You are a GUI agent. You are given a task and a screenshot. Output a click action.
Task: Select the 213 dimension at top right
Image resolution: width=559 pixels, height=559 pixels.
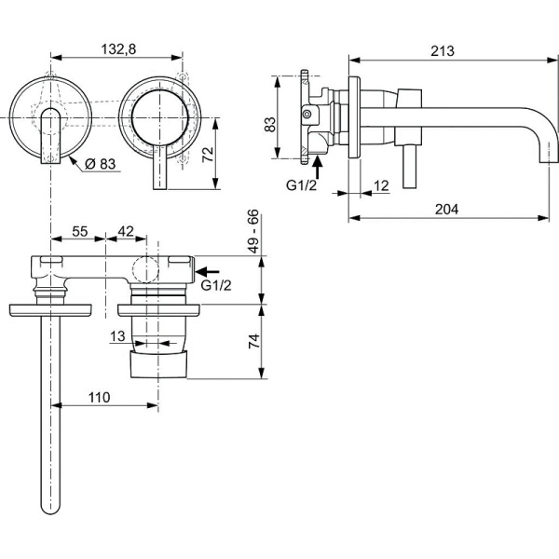point(443,51)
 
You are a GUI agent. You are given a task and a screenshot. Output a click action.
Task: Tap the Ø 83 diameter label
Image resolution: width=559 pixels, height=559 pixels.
point(99,164)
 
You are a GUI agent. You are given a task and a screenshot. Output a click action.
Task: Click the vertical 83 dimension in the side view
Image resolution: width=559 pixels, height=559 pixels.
point(271,124)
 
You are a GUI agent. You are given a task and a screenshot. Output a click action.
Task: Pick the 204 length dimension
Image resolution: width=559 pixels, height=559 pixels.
point(445,210)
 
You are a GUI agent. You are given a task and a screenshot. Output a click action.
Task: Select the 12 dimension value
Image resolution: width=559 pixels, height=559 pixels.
point(380,185)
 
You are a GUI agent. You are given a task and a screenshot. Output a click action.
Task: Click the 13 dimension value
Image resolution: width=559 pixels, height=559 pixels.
point(117,336)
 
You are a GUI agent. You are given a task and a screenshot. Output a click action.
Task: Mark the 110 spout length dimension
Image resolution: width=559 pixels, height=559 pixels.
point(99,397)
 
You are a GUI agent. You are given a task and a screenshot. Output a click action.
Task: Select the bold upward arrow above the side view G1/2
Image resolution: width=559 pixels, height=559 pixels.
point(318,165)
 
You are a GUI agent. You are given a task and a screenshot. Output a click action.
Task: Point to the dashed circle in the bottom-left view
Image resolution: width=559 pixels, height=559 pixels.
point(146,271)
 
